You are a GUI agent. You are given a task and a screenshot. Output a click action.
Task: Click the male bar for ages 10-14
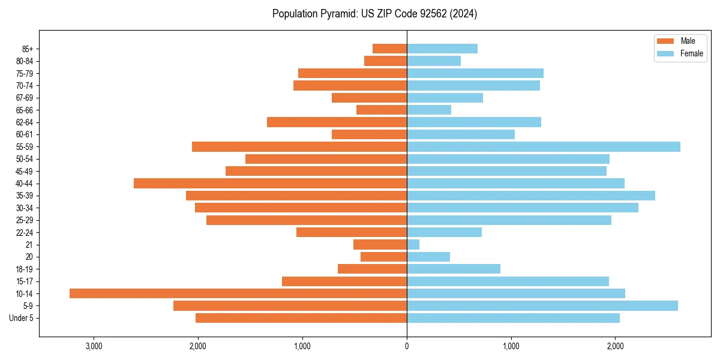[x=238, y=293]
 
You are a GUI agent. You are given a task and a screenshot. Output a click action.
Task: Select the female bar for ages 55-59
[x=544, y=147]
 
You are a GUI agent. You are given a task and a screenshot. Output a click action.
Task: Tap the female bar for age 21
[x=413, y=245]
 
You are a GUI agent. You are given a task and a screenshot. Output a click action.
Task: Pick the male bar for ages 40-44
[x=270, y=184]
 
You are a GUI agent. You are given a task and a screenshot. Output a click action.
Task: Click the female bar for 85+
[x=442, y=49]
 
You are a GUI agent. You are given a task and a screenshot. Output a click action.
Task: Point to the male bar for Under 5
[x=301, y=318]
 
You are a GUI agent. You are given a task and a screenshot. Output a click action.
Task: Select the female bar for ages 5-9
[x=542, y=306]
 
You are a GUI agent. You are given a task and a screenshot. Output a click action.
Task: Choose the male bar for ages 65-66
[x=382, y=110]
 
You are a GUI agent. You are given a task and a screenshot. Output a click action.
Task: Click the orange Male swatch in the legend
[x=666, y=41]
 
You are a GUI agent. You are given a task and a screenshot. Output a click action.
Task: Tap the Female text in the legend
[x=692, y=53]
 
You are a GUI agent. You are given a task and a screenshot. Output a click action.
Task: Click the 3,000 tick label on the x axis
[x=94, y=346]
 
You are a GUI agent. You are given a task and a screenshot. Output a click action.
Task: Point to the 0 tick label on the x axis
[x=407, y=346]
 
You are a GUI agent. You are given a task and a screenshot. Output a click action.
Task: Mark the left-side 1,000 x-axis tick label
[x=302, y=346]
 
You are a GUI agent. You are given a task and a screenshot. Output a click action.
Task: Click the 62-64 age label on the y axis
[x=25, y=122]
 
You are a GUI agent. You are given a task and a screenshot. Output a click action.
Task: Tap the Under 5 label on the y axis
[x=22, y=318]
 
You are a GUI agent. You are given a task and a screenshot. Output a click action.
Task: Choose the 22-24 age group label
[x=25, y=233]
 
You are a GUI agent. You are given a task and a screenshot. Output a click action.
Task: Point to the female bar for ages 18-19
[x=454, y=269]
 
